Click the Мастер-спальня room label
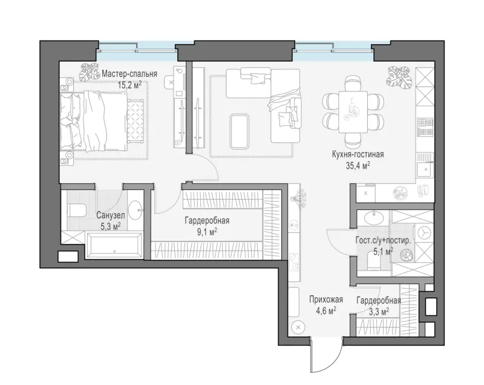coord(129,74)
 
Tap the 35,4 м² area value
coord(358,166)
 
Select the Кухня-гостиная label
coord(358,154)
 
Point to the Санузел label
coord(111,215)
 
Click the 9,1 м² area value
coord(207,232)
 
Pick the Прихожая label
coord(326,300)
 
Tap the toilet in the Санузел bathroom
coord(76,210)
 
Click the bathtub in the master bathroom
coord(114,245)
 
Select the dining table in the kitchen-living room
coord(353,112)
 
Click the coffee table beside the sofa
coord(239,131)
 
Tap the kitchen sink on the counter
coord(425,169)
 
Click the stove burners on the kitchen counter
coord(425,127)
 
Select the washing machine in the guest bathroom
coord(424,233)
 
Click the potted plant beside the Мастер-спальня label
coord(89,72)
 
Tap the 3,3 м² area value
coord(379,312)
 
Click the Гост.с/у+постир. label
coord(383,240)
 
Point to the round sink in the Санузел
coord(134,210)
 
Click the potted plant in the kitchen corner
coord(398,76)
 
